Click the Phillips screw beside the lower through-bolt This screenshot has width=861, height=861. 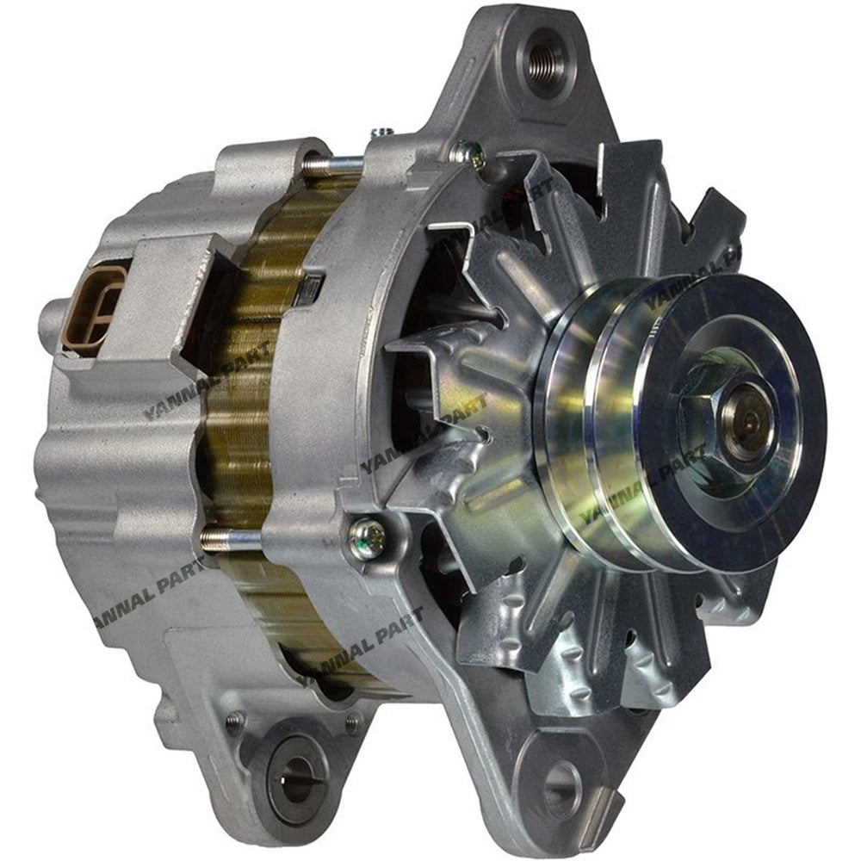[x=367, y=540]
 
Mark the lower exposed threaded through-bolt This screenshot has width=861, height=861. [x=231, y=539]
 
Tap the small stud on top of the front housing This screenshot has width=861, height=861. [x=382, y=133]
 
